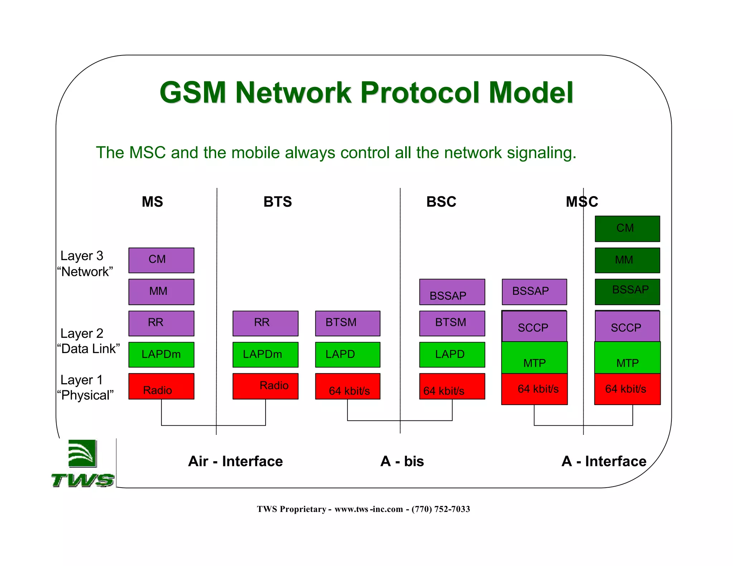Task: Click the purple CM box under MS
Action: click(161, 260)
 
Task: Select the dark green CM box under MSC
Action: click(627, 229)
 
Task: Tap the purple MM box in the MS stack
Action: click(161, 292)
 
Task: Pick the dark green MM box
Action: click(627, 260)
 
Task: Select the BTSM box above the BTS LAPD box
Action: click(347, 323)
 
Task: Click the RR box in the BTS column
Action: click(265, 323)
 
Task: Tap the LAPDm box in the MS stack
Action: click(161, 355)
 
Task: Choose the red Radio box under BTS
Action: click(265, 386)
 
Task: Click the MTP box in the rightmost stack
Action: click(627, 358)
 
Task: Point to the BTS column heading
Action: click(277, 202)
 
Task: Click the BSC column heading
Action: click(441, 202)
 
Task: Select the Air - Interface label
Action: click(235, 461)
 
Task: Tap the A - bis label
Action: click(402, 461)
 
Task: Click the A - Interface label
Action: click(604, 461)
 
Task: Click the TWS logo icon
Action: click(83, 454)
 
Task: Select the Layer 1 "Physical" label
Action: click(85, 387)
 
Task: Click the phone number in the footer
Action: click(441, 509)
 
